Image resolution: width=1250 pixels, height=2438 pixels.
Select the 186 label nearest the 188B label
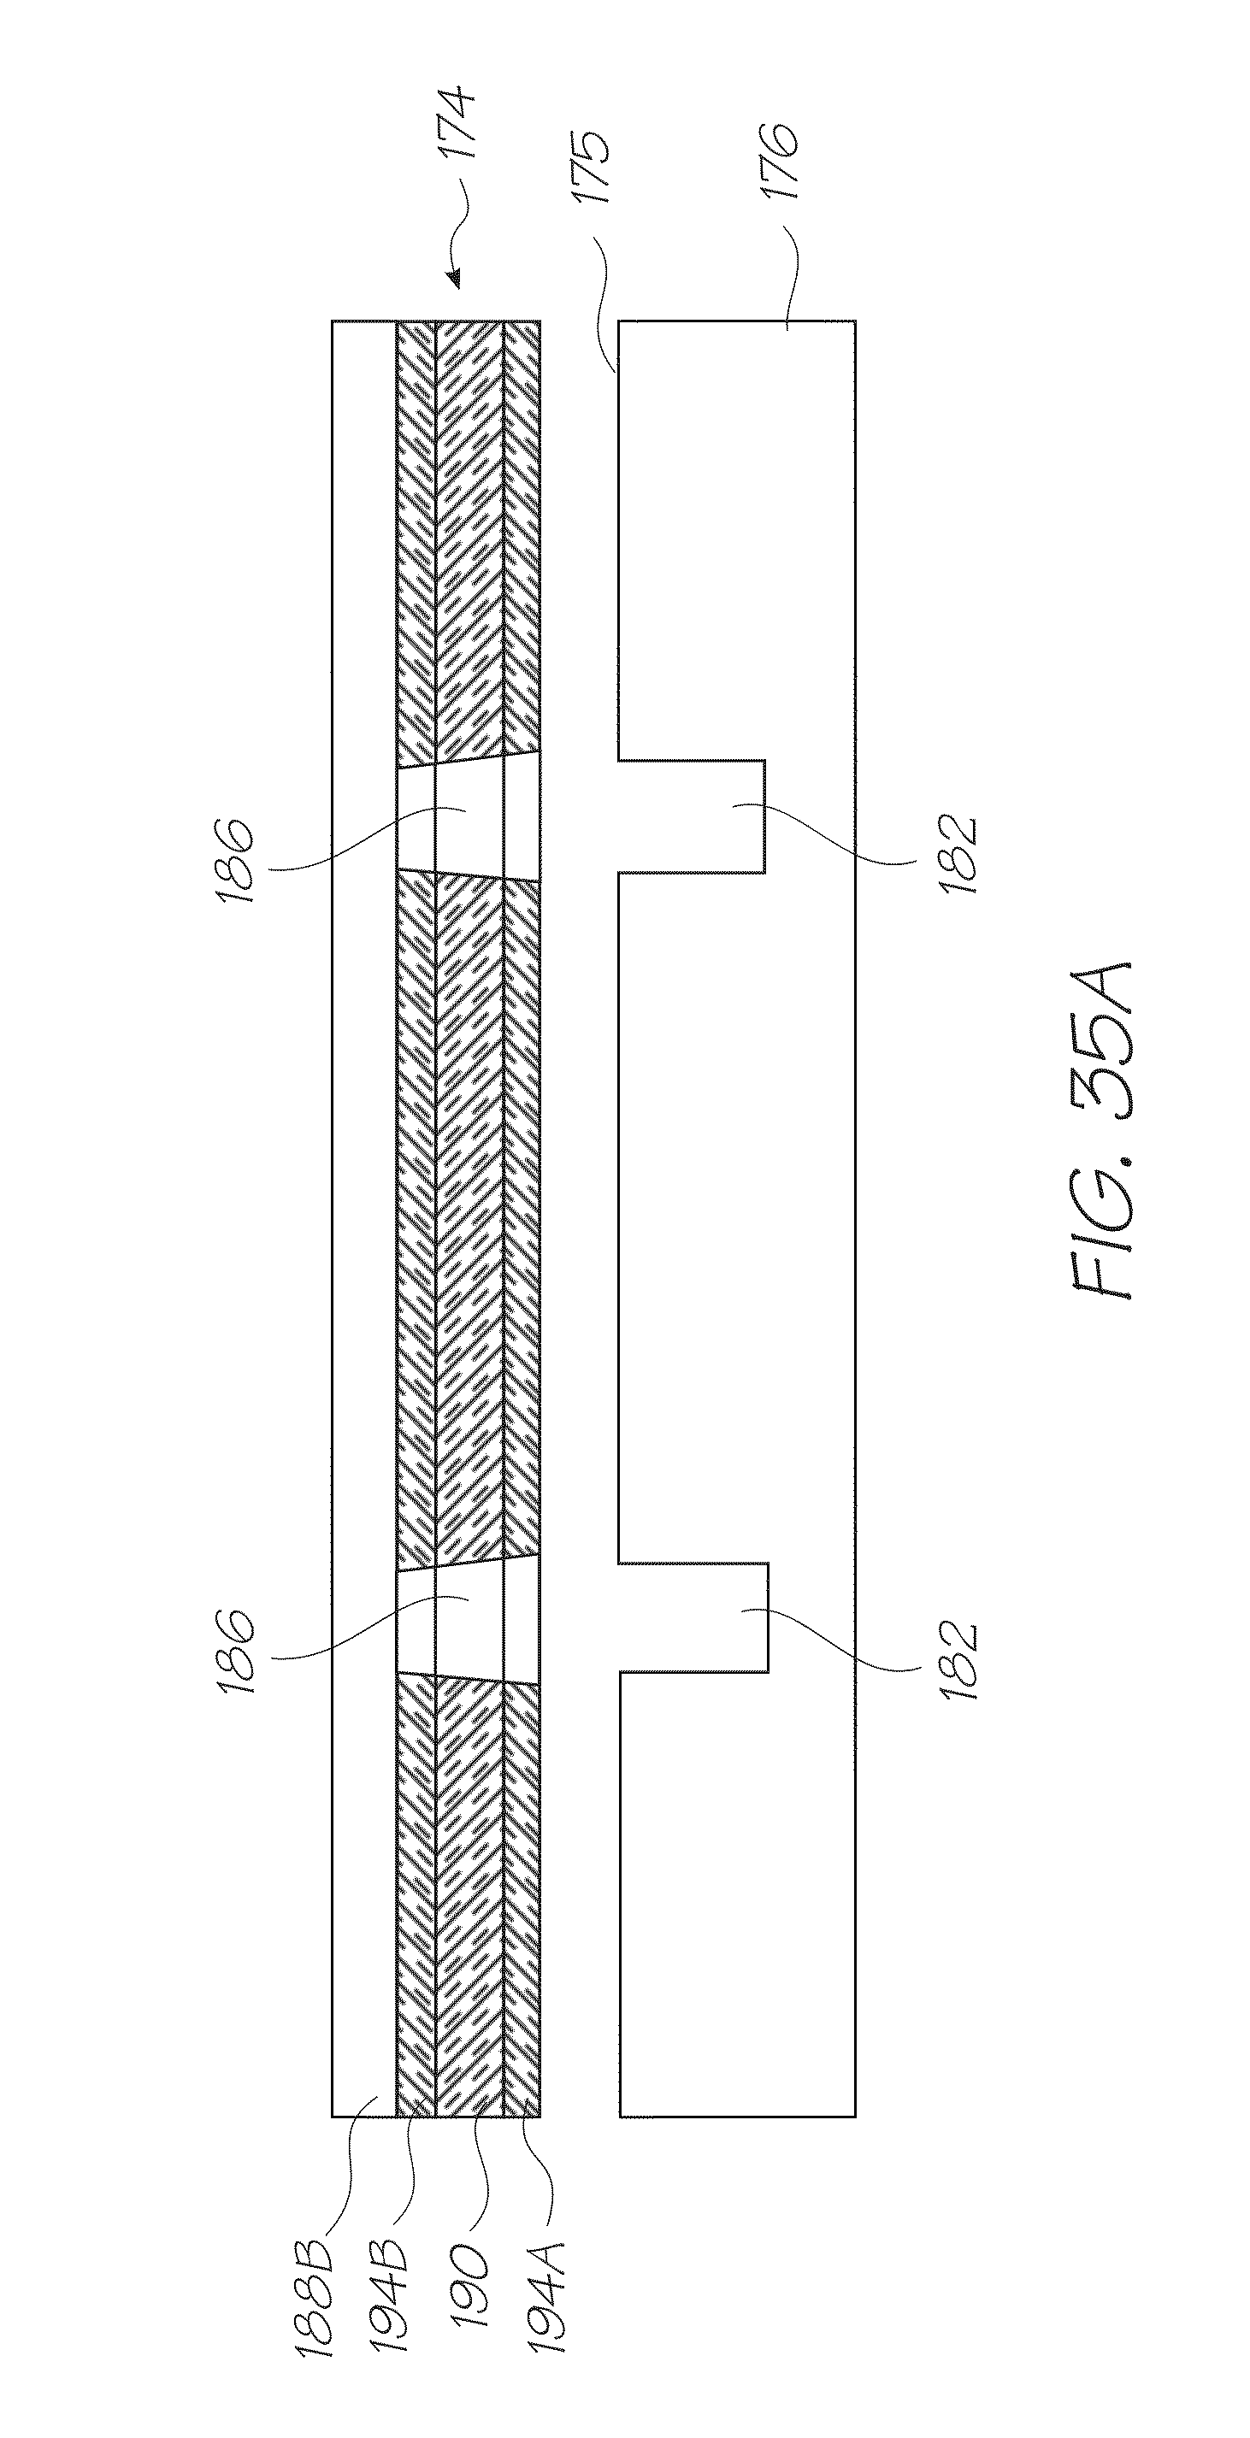pyautogui.click(x=234, y=1652)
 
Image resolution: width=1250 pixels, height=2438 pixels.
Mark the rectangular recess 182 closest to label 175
pyautogui.click(x=691, y=816)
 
